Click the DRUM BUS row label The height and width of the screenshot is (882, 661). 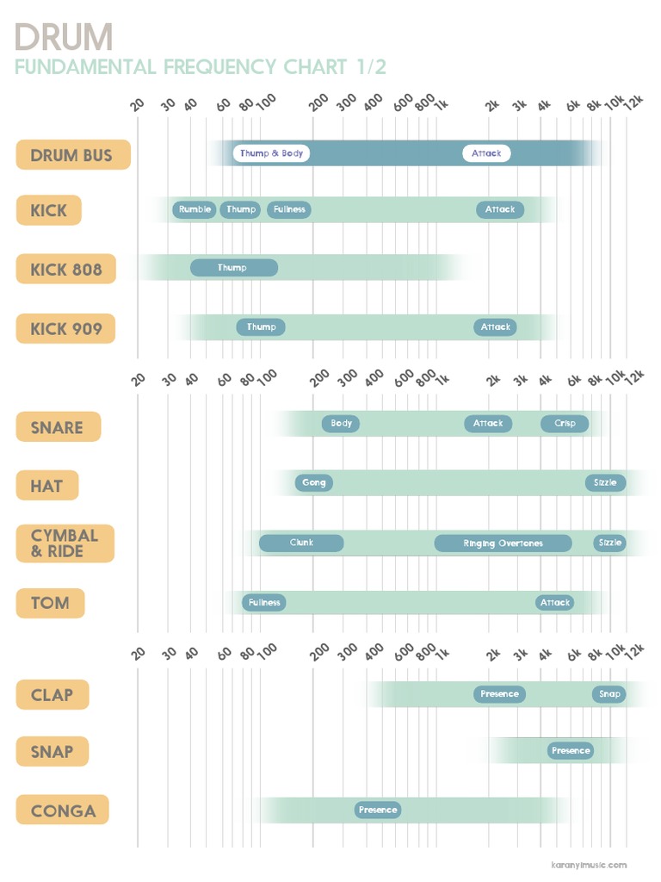click(73, 155)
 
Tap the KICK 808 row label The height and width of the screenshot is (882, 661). click(65, 269)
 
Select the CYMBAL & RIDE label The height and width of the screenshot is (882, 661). click(65, 543)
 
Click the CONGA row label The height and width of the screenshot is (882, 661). click(63, 811)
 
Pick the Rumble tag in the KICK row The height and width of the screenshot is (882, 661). click(195, 209)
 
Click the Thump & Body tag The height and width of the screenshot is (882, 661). click(271, 153)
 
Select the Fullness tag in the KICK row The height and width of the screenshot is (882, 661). click(288, 209)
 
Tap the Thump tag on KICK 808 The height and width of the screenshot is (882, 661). click(233, 268)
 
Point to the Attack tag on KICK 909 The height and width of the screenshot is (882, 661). click(495, 327)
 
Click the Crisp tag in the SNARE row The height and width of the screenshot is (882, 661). click(565, 424)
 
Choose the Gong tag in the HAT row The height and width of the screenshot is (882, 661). click(313, 483)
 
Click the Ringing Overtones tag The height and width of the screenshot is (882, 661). click(503, 543)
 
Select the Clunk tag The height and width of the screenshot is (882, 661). click(301, 543)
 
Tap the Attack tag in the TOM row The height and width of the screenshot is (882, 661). click(554, 603)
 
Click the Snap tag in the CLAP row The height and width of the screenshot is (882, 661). click(608, 694)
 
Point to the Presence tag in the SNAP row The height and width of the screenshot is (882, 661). click(571, 751)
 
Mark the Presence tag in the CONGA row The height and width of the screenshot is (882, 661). click(378, 811)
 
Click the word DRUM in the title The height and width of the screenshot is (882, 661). click(64, 37)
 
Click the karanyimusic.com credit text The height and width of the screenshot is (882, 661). click(589, 865)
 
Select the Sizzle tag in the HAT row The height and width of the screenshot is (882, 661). click(605, 483)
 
